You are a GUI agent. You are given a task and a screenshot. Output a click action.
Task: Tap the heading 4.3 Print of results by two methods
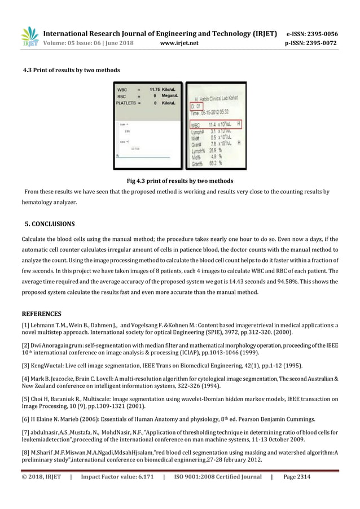(x=71, y=70)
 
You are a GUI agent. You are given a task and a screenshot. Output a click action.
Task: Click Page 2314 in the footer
(x=297, y=477)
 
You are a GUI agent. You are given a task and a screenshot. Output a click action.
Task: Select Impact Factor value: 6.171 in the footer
(x=117, y=477)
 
